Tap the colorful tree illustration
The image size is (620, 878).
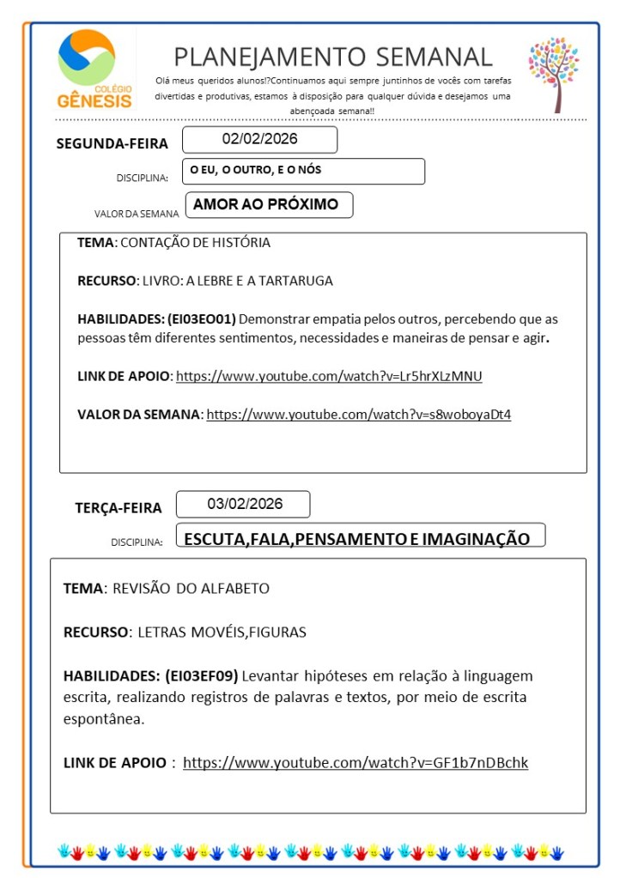[553, 73]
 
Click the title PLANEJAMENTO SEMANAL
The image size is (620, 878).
[333, 57]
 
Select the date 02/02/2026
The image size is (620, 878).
[259, 139]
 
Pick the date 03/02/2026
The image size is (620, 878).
[243, 504]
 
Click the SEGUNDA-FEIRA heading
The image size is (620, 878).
[112, 143]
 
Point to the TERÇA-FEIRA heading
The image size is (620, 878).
[119, 508]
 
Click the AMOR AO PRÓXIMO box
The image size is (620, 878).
[266, 204]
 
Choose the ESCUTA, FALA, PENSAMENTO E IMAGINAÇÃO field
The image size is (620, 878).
[360, 538]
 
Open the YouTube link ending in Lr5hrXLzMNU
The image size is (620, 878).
[335, 376]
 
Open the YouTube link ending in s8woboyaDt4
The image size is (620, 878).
[359, 415]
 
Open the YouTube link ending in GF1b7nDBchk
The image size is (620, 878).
[356, 762]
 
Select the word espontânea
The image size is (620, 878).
[104, 718]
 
